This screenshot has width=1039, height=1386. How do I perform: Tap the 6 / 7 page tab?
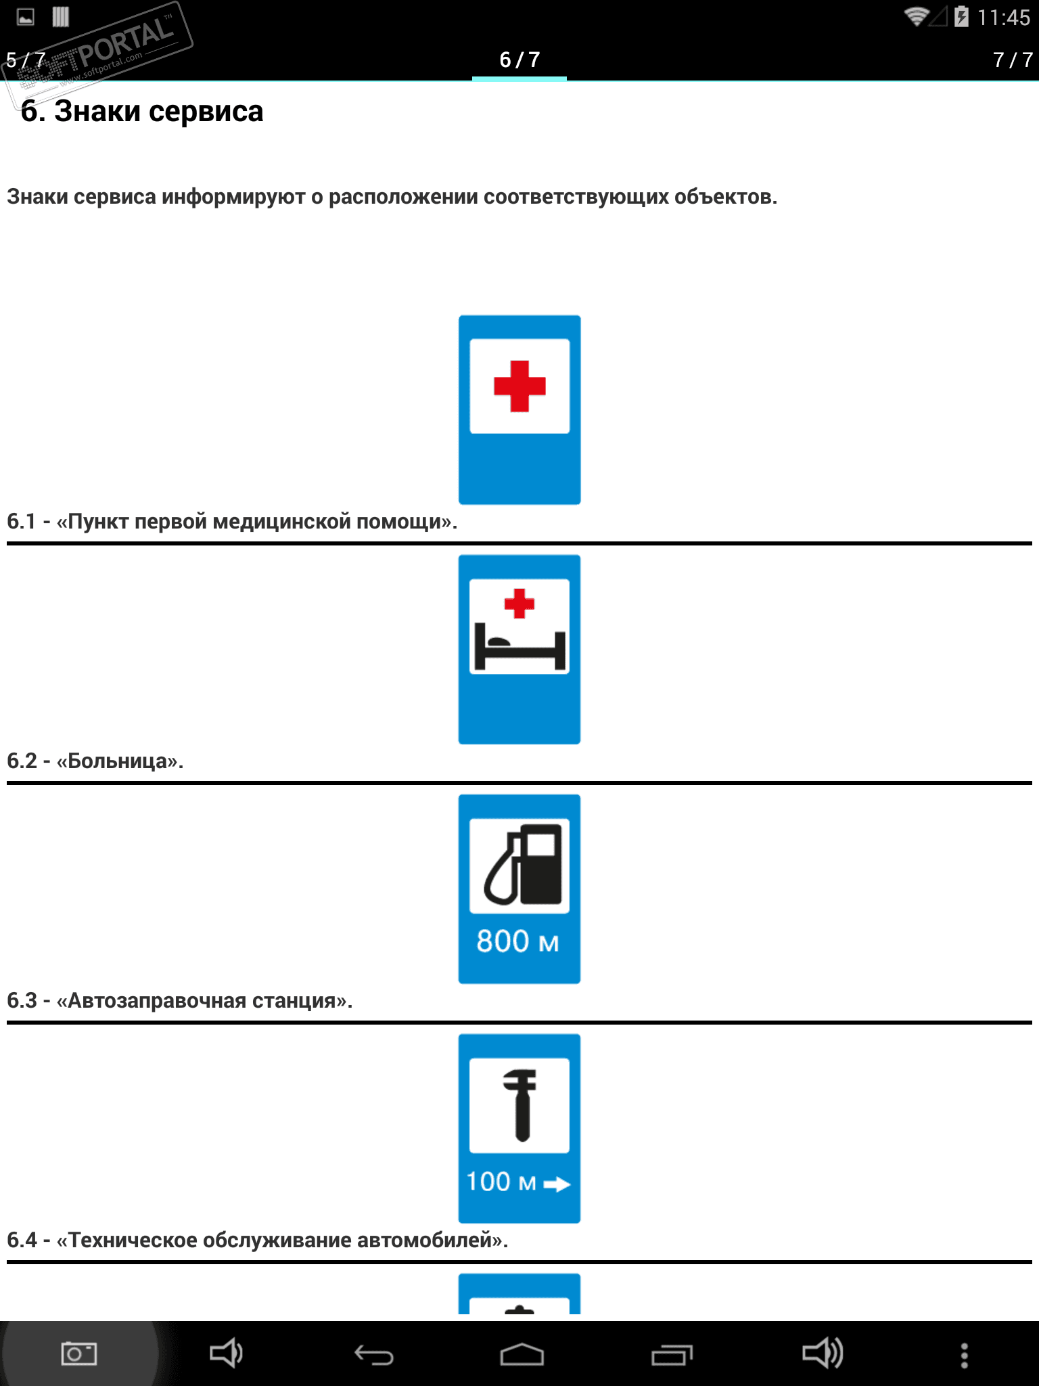(x=519, y=60)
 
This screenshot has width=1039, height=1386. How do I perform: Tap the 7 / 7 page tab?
(x=1012, y=60)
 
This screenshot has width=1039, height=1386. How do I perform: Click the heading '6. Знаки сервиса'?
(x=142, y=112)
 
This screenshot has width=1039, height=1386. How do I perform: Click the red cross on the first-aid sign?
(x=519, y=386)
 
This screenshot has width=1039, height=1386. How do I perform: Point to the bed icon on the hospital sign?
(x=519, y=648)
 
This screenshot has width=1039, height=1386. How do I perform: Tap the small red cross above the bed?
(x=519, y=603)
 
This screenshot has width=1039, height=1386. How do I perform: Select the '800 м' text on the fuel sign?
(x=517, y=941)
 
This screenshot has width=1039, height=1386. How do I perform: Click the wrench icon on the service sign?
(x=519, y=1104)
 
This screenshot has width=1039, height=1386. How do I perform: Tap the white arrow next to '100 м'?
(x=557, y=1184)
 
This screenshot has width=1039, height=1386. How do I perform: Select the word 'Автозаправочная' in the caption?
(x=157, y=1001)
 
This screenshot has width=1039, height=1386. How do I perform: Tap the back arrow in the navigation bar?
(x=373, y=1355)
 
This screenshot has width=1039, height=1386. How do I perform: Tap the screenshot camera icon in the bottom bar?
(x=79, y=1354)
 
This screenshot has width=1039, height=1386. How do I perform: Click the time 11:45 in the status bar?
(x=1003, y=18)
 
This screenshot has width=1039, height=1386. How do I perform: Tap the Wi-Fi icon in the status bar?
(x=916, y=16)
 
